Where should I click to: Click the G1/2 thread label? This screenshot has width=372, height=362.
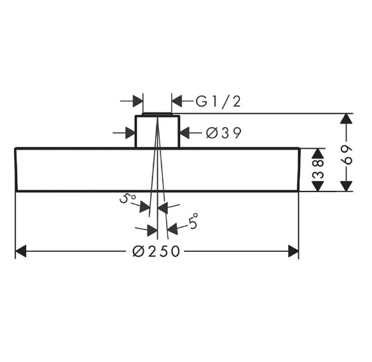218,101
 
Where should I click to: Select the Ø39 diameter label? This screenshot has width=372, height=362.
224,132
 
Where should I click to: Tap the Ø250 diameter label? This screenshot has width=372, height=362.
156,251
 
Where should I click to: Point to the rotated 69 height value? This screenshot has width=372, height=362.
346,155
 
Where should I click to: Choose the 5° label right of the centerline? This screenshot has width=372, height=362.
193,221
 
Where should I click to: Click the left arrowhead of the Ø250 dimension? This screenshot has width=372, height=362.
20,251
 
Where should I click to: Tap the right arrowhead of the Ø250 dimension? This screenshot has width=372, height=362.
293,251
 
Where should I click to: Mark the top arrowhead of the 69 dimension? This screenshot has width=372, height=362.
346,119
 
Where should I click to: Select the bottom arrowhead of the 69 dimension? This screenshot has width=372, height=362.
346,186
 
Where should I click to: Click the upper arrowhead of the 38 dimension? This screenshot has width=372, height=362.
318,153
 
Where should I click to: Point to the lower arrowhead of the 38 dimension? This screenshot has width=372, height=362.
318,186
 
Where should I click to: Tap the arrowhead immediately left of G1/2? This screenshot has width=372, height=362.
177,101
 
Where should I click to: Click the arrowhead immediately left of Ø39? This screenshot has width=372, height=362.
184,132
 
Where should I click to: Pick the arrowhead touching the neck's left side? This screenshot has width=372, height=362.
130,132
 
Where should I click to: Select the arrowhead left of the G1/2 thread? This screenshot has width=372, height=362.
137,101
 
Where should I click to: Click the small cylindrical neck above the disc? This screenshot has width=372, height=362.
157,132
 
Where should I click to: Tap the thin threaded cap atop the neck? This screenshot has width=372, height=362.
157,114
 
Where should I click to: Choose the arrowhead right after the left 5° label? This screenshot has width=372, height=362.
144,207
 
